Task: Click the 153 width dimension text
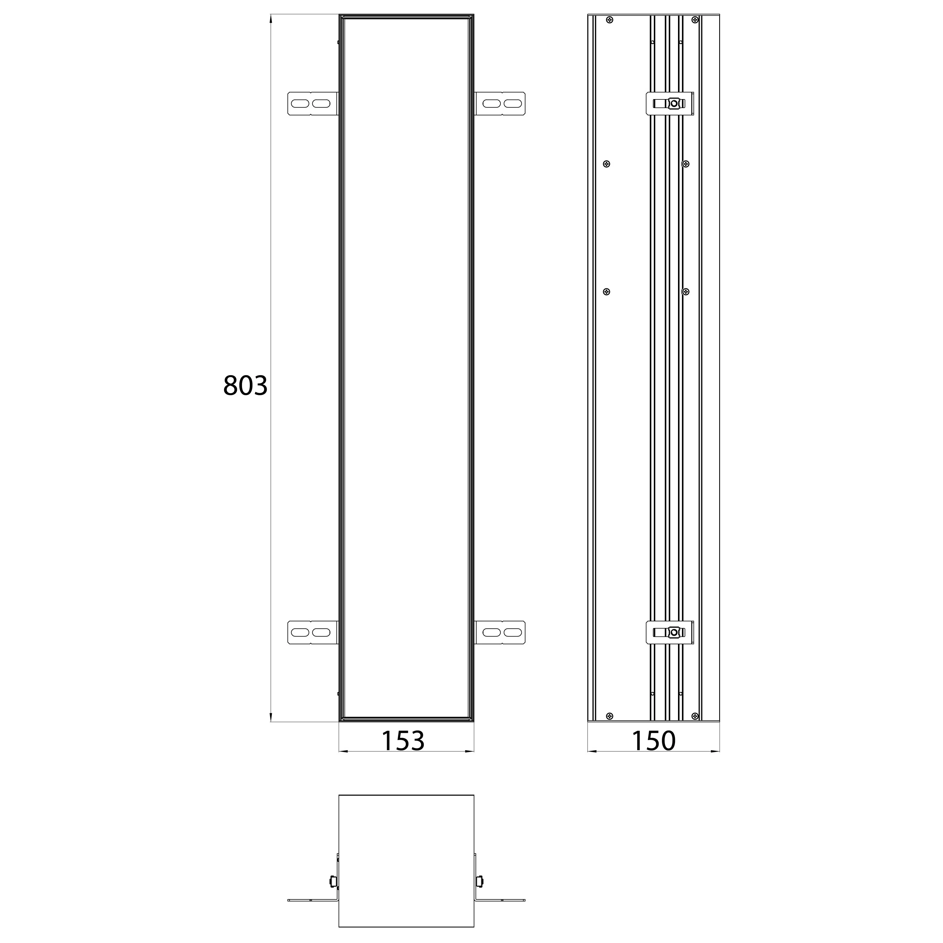pos(403,741)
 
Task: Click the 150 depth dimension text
pos(654,741)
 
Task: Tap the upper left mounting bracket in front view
pos(312,104)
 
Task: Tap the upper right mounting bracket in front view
pos(501,104)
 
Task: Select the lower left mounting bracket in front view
pos(312,633)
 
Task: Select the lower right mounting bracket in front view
pos(501,633)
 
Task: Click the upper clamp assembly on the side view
pos(670,104)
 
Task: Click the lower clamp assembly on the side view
pos(670,633)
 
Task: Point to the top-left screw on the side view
pos(609,20)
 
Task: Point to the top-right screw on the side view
pos(695,20)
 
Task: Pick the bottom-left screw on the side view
pos(609,716)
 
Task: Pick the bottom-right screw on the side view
pos(695,716)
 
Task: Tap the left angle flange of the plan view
pos(312,900)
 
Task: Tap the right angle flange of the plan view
pos(501,900)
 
